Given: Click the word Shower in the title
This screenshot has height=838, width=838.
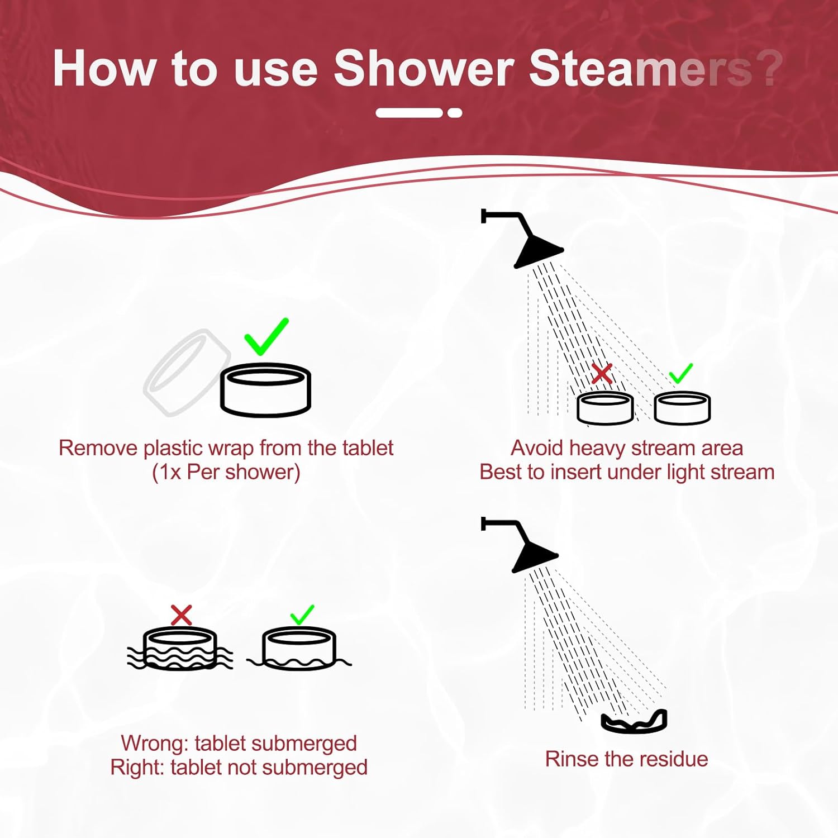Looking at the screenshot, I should click(423, 69).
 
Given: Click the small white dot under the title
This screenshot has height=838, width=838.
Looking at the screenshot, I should click(455, 113).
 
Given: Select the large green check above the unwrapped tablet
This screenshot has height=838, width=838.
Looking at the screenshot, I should click(266, 336).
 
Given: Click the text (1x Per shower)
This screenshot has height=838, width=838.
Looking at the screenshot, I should click(226, 473).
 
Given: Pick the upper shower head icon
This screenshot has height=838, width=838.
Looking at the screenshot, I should click(531, 243).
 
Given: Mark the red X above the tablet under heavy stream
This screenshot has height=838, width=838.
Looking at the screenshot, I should click(601, 373).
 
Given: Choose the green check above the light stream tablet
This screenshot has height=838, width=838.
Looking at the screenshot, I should click(680, 373).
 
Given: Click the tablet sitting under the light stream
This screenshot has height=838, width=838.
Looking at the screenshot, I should click(682, 407).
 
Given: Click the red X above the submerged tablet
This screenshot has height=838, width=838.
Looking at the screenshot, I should click(181, 615).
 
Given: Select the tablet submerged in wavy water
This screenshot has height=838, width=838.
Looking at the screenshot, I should click(180, 649).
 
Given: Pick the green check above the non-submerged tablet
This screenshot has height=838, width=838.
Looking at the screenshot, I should click(302, 615).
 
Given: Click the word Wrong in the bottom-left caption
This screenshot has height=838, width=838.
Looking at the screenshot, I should click(154, 744).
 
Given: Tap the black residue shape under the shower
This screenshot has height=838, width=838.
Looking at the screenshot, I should click(634, 722).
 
